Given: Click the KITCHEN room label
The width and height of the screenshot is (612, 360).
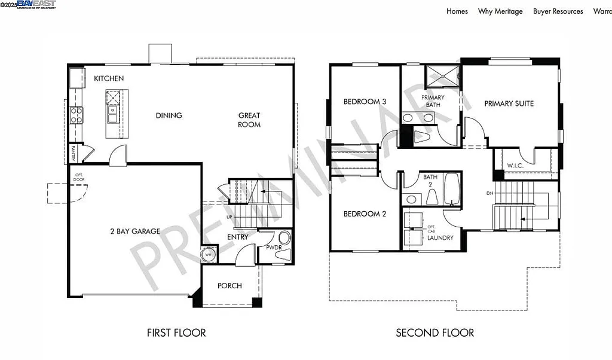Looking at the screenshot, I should tap(109, 78).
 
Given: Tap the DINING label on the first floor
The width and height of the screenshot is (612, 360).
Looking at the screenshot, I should tap(169, 115).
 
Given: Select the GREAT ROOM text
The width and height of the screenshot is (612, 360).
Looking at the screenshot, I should tap(249, 120).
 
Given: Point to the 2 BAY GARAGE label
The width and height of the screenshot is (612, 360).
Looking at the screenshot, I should tap(134, 231).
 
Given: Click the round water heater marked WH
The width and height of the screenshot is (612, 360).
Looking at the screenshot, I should tap(209, 254).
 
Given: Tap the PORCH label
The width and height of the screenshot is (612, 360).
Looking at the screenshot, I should tap(229, 286).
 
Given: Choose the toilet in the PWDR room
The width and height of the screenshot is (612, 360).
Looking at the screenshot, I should tap(282, 247).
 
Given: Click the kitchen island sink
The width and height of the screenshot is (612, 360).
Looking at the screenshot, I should tap(112, 110).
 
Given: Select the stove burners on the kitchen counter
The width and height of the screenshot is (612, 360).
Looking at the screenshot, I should tap(76, 115).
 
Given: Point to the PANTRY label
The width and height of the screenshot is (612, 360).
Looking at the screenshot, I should tap(73, 154).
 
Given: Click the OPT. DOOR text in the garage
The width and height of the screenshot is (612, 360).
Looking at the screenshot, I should tap(78, 178).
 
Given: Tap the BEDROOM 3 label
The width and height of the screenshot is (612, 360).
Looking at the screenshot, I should tap(365, 102).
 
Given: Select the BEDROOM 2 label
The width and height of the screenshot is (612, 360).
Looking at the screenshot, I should tap(365, 214).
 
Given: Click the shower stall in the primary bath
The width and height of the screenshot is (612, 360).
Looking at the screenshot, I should tap(442, 77).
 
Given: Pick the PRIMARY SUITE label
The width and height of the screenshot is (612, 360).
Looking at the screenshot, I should tap(509, 103).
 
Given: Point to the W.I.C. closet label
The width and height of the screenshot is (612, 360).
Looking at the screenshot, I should tap(516, 166).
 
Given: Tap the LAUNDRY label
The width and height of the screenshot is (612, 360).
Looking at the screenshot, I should tap(440, 238).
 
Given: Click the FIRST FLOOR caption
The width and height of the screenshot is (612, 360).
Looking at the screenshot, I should tap(176, 333).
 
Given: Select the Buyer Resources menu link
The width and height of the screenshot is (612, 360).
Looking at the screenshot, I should tap(558, 11).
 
